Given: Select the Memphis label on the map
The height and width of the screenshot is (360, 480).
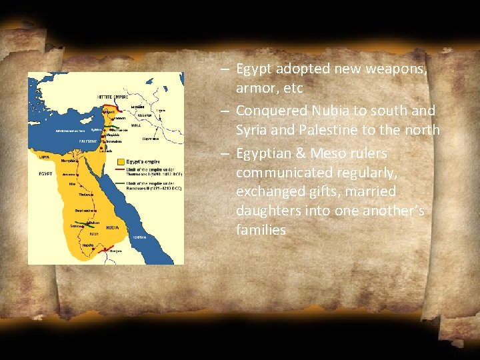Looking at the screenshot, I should click(69, 160).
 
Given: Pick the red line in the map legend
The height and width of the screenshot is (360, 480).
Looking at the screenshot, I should click(120, 170).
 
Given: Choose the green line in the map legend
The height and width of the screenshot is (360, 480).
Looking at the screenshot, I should click(120, 183).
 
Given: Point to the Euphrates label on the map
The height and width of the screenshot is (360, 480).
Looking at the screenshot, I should click(150, 139).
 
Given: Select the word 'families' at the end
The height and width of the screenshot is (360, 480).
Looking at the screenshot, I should click(261, 230).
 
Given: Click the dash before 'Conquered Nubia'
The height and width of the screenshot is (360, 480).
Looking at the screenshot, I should click(224, 111).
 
